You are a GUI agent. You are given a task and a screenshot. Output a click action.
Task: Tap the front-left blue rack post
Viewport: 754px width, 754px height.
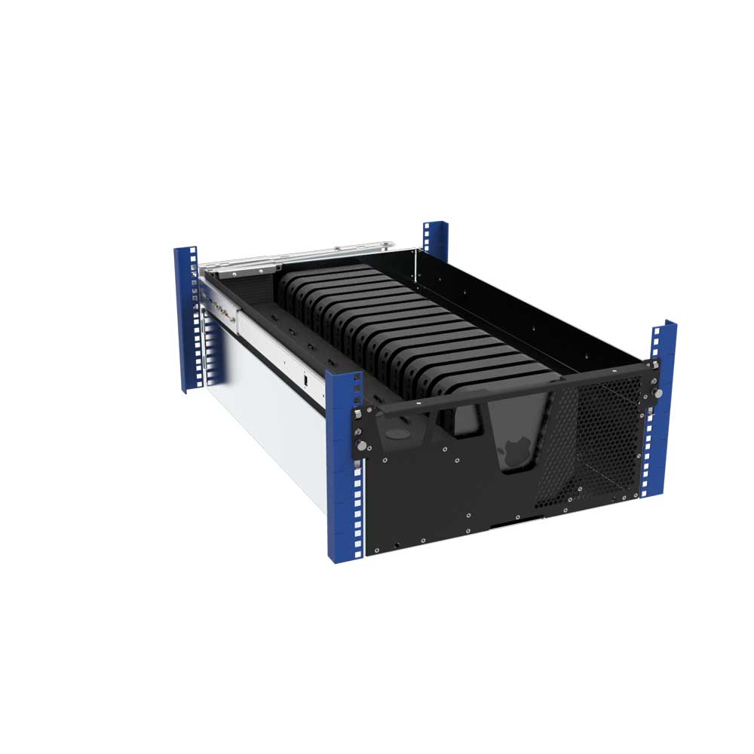[x=345, y=467]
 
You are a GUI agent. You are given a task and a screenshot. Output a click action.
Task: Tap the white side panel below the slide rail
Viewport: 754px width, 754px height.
[x=264, y=422]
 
